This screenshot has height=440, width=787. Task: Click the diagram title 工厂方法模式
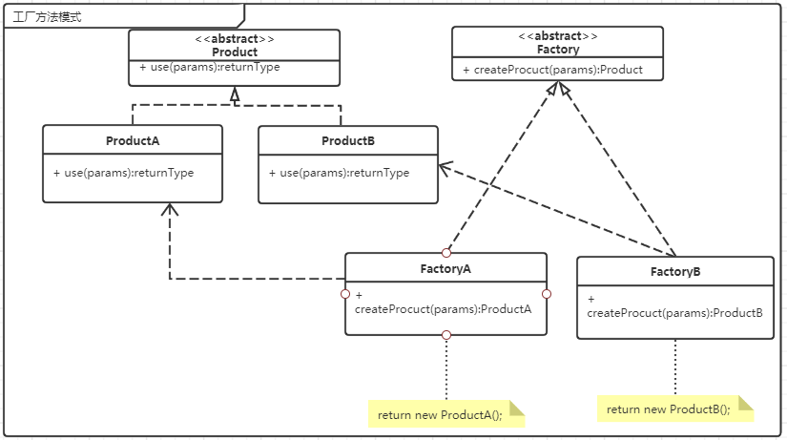(x=47, y=17)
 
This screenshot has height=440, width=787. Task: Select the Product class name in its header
(x=235, y=52)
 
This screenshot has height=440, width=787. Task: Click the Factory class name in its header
(x=558, y=50)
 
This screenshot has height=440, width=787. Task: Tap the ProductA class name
(x=133, y=140)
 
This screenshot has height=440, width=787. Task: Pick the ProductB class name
(x=348, y=140)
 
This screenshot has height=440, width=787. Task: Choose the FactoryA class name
(x=445, y=269)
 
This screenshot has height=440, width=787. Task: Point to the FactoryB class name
(x=675, y=272)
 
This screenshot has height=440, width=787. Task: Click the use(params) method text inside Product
(x=209, y=67)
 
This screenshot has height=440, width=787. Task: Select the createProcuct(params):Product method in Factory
(x=552, y=70)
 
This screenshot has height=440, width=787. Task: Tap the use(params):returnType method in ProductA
(x=123, y=173)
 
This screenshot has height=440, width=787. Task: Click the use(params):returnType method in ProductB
(x=339, y=173)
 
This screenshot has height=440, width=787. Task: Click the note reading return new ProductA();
(x=446, y=414)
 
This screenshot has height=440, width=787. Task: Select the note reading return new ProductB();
(x=675, y=409)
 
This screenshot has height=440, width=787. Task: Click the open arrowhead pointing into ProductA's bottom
(x=170, y=209)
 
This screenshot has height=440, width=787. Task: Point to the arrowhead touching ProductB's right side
(x=445, y=168)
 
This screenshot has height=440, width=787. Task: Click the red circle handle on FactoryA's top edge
(x=446, y=253)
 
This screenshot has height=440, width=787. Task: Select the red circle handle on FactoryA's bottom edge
(x=446, y=335)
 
